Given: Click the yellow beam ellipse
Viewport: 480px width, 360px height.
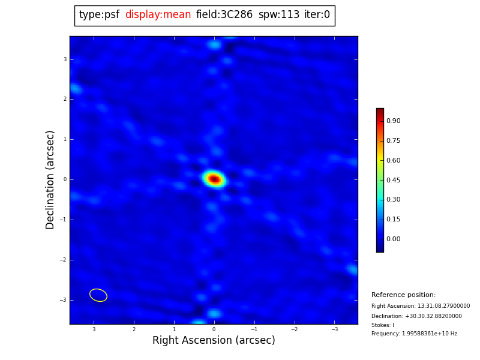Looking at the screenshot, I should pyautogui.click(x=98, y=295).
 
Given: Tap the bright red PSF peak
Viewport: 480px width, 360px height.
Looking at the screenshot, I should pyautogui.click(x=214, y=179).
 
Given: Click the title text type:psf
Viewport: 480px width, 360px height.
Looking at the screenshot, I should pyautogui.click(x=99, y=15).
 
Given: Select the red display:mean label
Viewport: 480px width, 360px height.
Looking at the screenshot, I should pyautogui.click(x=158, y=15).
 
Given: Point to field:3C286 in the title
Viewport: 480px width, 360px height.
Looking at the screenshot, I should pyautogui.click(x=224, y=15).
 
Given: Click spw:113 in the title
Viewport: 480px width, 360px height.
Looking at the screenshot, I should pyautogui.click(x=279, y=15).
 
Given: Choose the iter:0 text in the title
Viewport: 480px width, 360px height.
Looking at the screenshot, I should pyautogui.click(x=317, y=15).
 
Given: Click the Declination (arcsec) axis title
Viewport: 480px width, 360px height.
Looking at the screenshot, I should pyautogui.click(x=50, y=179).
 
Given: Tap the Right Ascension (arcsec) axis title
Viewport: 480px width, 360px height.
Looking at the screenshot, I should pyautogui.click(x=214, y=341).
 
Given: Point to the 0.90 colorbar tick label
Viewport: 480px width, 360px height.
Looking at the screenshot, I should pyautogui.click(x=393, y=121).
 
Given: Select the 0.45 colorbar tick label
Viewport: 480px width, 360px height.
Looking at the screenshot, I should pyautogui.click(x=393, y=180).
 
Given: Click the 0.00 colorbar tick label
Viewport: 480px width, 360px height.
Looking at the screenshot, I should pyautogui.click(x=393, y=239).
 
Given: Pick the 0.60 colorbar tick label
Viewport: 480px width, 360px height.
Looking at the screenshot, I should pyautogui.click(x=393, y=160).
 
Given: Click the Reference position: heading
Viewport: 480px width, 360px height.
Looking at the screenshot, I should pyautogui.click(x=403, y=295).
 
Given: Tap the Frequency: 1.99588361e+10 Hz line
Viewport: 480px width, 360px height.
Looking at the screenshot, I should pyautogui.click(x=414, y=334).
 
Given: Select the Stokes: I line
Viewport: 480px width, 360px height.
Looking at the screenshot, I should pyautogui.click(x=383, y=325).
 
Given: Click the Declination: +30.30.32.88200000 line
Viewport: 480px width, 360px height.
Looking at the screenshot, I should pyautogui.click(x=416, y=316).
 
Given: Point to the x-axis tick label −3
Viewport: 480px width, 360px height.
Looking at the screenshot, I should pyautogui.click(x=335, y=329).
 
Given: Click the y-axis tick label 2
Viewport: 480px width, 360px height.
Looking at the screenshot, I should pyautogui.click(x=65, y=100).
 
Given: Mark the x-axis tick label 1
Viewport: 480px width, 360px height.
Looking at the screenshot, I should pyautogui.click(x=174, y=329).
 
